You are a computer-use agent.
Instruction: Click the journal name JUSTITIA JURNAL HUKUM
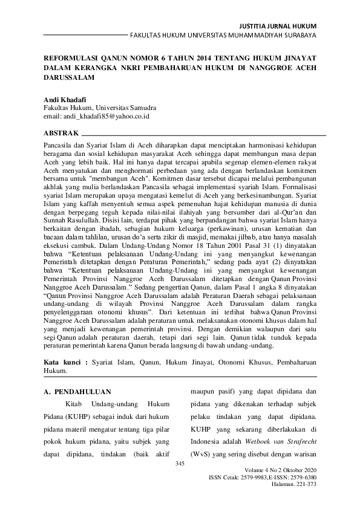click(278, 27)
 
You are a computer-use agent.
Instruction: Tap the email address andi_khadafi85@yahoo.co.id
click(97, 115)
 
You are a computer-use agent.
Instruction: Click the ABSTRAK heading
click(61, 132)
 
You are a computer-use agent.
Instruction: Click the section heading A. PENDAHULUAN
click(78, 392)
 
